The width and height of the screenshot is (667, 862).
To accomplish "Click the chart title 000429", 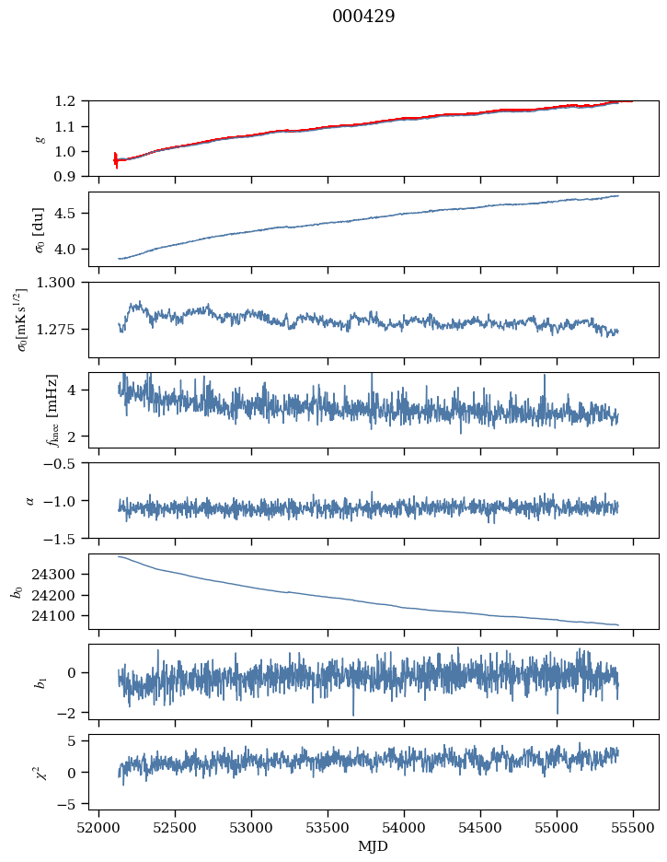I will [363, 17].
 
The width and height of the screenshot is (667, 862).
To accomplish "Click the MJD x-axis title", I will [374, 846].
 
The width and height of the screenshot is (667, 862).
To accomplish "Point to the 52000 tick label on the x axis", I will [99, 828].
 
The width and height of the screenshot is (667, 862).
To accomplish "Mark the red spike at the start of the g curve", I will [115, 160].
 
